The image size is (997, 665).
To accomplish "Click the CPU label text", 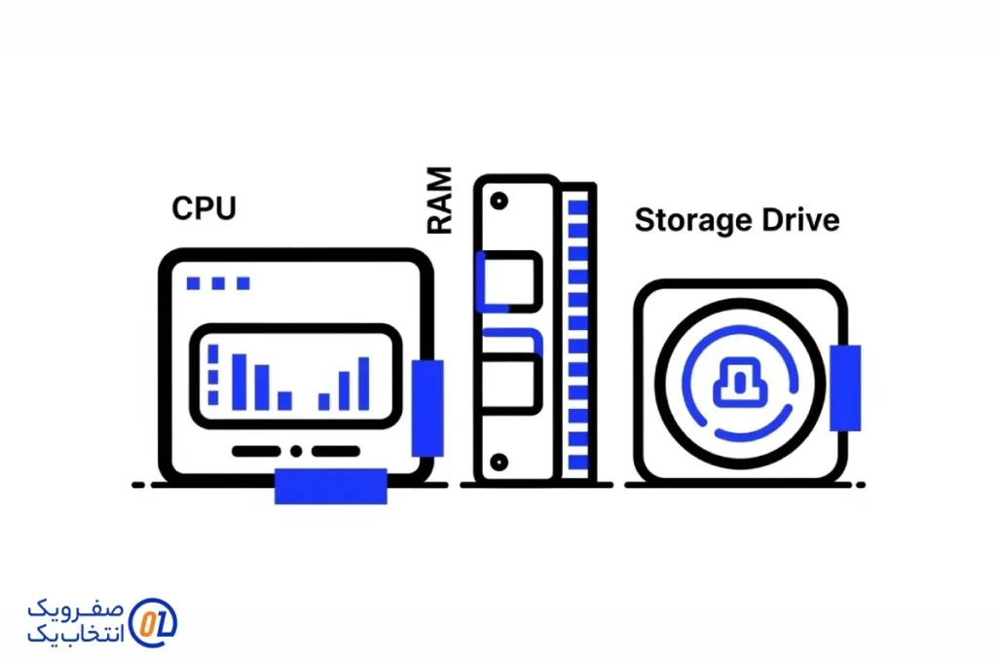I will point(203,207).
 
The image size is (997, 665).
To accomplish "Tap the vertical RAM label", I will point(440,201).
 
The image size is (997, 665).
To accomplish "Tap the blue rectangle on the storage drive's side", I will point(845,388).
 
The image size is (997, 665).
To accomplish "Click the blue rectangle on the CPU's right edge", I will point(426,407).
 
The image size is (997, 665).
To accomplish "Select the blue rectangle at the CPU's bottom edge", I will point(330,485).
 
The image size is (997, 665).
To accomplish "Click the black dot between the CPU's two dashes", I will point(296,451).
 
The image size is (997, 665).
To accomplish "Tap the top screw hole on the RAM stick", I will point(499,202).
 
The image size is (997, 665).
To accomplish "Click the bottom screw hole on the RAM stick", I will point(499,461).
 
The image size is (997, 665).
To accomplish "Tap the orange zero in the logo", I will point(147,623).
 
